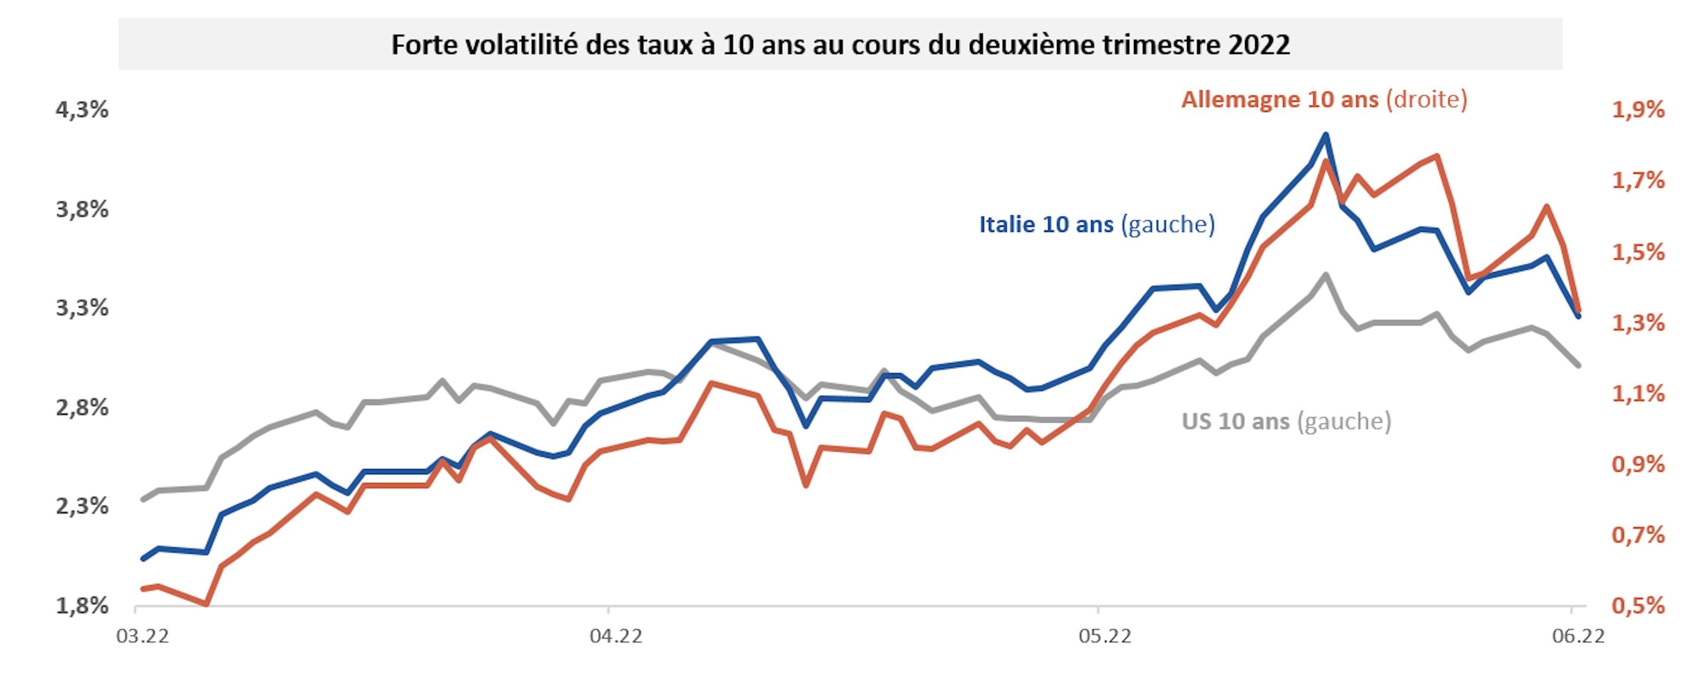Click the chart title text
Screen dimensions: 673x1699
(x=840, y=45)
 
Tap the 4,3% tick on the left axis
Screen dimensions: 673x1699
(x=82, y=110)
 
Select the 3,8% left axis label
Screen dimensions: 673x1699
(x=82, y=209)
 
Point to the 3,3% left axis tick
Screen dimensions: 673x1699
(x=82, y=308)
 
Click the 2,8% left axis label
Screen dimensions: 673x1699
(x=82, y=408)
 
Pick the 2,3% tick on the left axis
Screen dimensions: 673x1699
(x=82, y=506)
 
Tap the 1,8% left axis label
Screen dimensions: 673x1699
(x=82, y=606)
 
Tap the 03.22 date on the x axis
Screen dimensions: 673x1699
(x=142, y=637)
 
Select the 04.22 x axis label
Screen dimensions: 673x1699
(x=615, y=637)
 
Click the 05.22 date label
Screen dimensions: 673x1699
(x=1105, y=637)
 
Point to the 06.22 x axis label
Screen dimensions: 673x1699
(x=1578, y=637)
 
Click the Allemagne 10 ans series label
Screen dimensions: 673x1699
(x=1324, y=100)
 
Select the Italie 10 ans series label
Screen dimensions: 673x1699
(x=1096, y=224)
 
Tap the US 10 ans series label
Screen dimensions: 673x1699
(x=1286, y=421)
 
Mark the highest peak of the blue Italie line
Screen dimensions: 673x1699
(x=1325, y=135)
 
